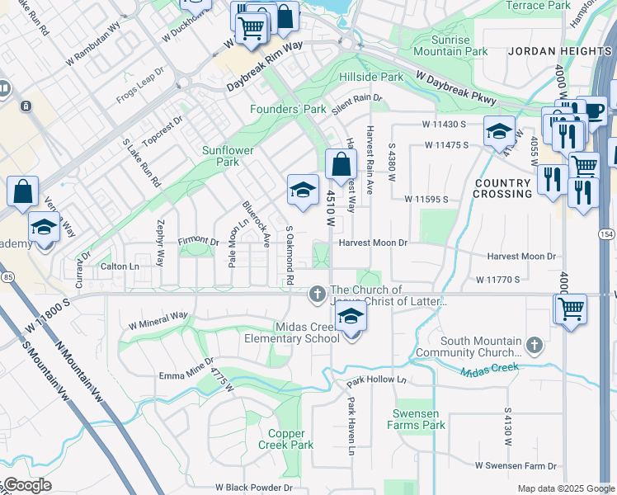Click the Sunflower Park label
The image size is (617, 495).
pos(227,157)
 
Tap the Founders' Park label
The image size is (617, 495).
pos(288,109)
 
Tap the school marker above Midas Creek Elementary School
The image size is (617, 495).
pos(351,318)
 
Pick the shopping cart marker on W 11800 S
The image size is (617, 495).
pos(570,309)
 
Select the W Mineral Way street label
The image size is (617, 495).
pos(158,320)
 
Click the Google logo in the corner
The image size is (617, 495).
pos(26,484)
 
